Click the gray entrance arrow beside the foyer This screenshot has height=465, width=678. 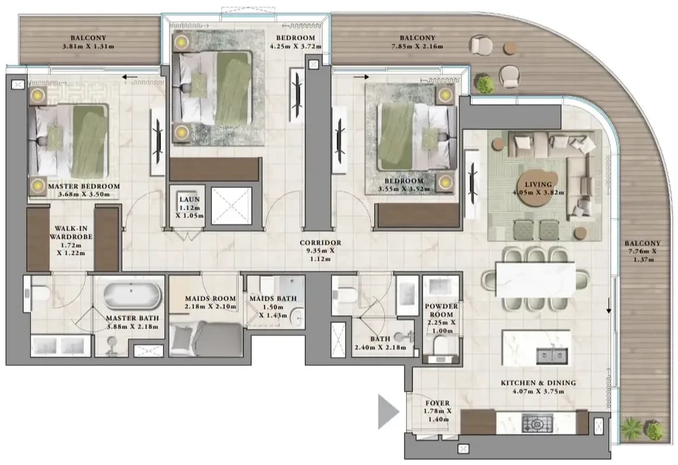[x=387, y=412]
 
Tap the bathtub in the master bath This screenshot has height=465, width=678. [x=132, y=295]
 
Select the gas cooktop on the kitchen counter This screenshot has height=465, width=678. [x=537, y=423]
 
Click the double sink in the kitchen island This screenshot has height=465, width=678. [x=552, y=356]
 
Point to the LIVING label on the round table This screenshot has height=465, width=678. [x=538, y=184]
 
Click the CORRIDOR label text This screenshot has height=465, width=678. [x=320, y=243]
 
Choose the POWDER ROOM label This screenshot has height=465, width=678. [x=441, y=310]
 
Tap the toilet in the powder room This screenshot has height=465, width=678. [x=441, y=345]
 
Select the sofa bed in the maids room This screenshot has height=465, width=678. [x=206, y=339]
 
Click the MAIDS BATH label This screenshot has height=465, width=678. [x=273, y=298]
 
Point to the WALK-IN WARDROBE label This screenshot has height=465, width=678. [x=71, y=233]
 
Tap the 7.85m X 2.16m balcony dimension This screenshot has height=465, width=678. [x=417, y=46]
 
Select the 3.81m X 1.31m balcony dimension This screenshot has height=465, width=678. [x=88, y=46]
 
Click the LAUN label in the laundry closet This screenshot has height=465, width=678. [x=190, y=199]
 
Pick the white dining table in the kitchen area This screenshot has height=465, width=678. [x=536, y=280]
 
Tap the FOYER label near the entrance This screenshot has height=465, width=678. [x=438, y=403]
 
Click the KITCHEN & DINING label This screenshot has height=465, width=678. [x=539, y=382]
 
